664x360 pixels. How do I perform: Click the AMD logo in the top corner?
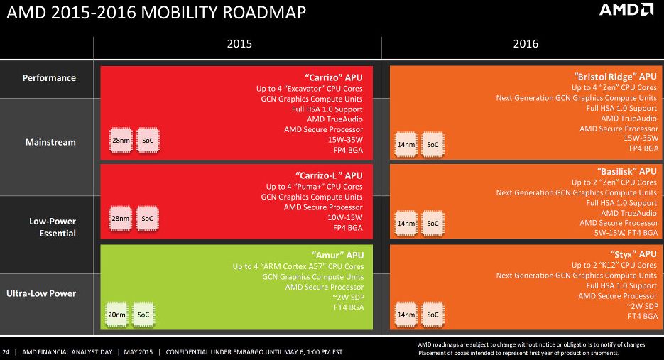tap(626, 10)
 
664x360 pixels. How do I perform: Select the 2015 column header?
tap(239, 44)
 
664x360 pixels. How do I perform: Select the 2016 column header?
tap(526, 44)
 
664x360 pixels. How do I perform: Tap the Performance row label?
tap(49, 77)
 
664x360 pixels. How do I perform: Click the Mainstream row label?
tap(50, 142)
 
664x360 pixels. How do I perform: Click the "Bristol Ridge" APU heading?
tap(614, 75)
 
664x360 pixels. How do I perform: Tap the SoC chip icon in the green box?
tap(143, 315)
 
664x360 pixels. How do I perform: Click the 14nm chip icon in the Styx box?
tap(406, 315)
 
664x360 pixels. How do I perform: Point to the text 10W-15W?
tap(344, 217)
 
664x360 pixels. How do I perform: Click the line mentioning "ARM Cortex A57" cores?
tap(298, 266)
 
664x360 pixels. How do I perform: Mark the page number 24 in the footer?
tap(6, 351)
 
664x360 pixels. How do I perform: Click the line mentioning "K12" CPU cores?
tap(614, 265)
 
